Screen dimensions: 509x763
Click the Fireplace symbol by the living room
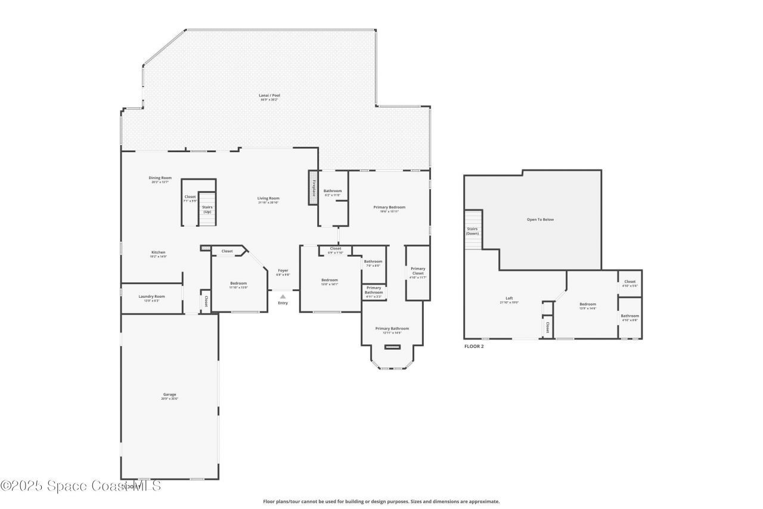(x=313, y=187)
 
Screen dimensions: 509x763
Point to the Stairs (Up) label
(x=207, y=209)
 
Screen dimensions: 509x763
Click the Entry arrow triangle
(x=283, y=295)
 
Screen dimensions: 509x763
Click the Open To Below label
(x=540, y=220)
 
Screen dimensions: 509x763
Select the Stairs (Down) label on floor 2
(x=472, y=230)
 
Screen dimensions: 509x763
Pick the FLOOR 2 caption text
(x=474, y=346)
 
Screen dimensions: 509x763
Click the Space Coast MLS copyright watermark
(x=80, y=486)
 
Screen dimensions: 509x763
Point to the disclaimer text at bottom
(x=381, y=502)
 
